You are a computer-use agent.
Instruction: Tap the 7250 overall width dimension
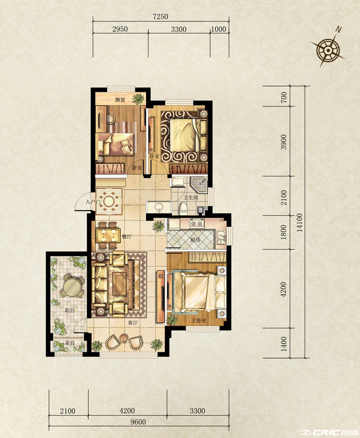161,16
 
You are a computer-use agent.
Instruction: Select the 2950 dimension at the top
120,29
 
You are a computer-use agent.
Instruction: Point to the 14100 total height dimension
299,223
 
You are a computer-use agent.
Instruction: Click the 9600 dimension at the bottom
138,422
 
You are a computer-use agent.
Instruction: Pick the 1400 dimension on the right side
284,344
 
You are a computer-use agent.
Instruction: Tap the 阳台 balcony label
69,310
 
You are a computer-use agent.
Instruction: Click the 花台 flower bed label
70,343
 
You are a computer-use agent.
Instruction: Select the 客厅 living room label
133,323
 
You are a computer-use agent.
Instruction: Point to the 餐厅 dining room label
126,237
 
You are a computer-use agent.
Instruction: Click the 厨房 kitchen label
195,240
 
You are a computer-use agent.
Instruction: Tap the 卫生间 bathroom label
191,197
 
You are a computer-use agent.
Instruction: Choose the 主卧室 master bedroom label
198,321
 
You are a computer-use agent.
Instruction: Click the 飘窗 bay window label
120,99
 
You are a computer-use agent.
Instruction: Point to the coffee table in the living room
119,284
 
